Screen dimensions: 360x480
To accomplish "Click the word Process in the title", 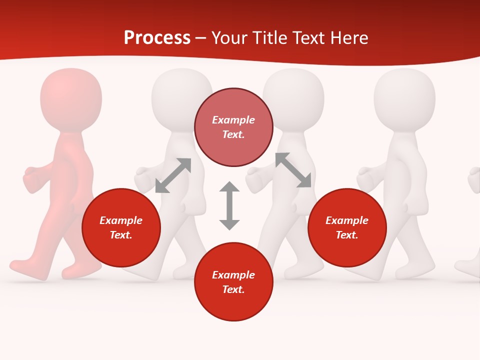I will pyautogui.click(x=157, y=38).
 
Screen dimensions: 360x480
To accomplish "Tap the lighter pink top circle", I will pyautogui.click(x=233, y=127).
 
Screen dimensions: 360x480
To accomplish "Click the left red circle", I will pyautogui.click(x=121, y=227).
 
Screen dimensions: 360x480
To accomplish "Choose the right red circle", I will pyautogui.click(x=347, y=227).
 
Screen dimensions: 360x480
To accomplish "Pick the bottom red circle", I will pyautogui.click(x=233, y=282).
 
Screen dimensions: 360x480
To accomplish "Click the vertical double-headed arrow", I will pyautogui.click(x=229, y=205).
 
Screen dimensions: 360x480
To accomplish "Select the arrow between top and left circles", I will pyautogui.click(x=173, y=175).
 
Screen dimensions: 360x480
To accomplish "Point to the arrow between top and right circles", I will pyautogui.click(x=293, y=170).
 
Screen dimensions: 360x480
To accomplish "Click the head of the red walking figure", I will pyautogui.click(x=70, y=97).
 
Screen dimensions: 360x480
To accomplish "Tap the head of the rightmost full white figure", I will pyautogui.click(x=404, y=97).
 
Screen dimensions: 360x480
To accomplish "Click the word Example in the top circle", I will pyautogui.click(x=233, y=120).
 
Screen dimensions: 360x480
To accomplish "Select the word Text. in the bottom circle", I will pyautogui.click(x=233, y=289).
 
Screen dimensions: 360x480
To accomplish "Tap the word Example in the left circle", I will pyautogui.click(x=121, y=220).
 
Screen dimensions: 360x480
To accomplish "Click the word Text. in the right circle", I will pyautogui.click(x=347, y=235).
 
